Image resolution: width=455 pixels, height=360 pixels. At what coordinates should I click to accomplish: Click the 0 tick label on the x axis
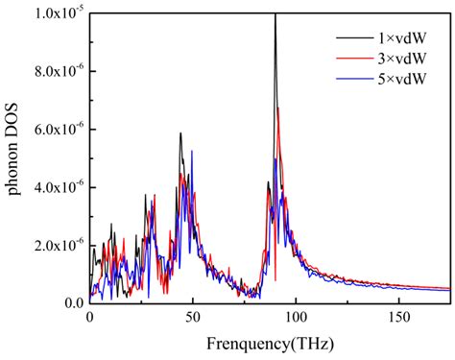point(89,318)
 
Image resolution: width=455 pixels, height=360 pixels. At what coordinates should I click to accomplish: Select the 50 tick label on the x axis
point(192,318)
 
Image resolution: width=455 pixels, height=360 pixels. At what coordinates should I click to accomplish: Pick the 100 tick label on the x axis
point(295,318)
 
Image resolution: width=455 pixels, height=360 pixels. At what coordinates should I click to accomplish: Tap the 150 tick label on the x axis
point(397,318)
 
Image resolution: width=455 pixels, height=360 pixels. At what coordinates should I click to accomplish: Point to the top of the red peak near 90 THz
point(278,108)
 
